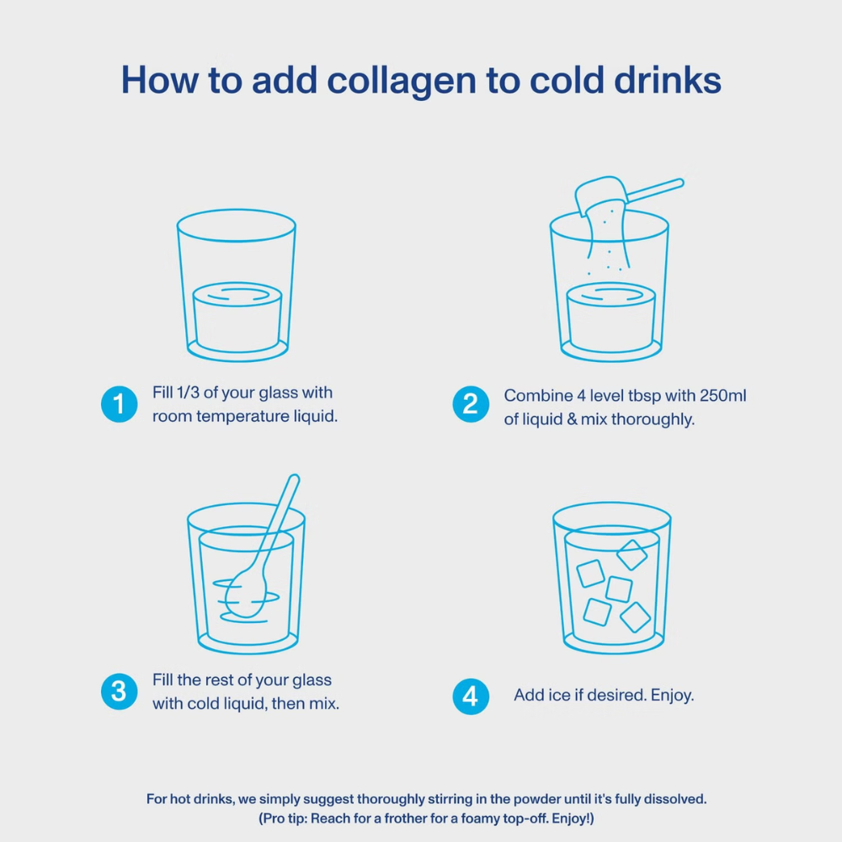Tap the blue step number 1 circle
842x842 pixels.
(119, 404)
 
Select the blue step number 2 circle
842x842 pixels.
(471, 404)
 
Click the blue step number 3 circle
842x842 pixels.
(119, 691)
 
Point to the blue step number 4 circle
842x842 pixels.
(471, 696)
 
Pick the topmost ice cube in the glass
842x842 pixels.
(631, 555)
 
